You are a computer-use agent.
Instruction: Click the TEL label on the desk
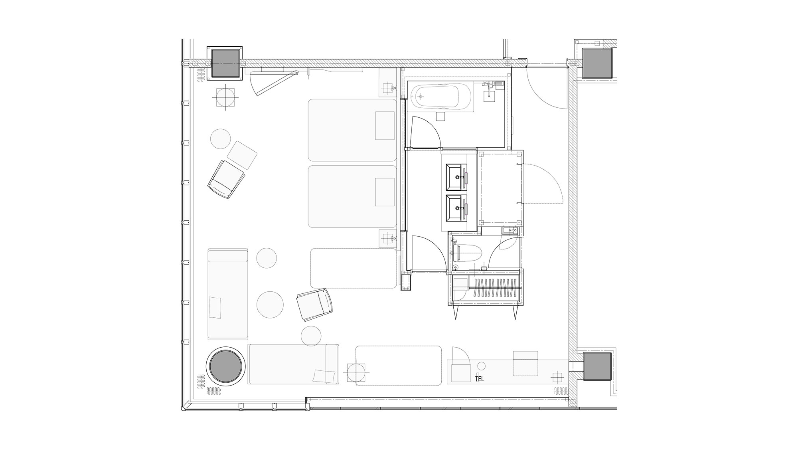480,379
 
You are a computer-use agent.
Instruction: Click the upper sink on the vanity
456,176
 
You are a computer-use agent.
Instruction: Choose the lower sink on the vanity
456,208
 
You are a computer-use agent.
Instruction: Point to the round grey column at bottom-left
225,366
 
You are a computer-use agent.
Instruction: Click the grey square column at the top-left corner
225,63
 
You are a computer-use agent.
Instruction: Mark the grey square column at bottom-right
597,366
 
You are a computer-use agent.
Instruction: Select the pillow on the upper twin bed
385,126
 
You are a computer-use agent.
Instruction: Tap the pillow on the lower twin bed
385,192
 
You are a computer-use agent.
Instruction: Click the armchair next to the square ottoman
225,179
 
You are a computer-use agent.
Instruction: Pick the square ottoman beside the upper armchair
242,155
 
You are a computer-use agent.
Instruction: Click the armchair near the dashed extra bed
314,305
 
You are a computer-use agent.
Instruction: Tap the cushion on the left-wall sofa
214,307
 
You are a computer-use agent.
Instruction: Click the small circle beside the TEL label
482,366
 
